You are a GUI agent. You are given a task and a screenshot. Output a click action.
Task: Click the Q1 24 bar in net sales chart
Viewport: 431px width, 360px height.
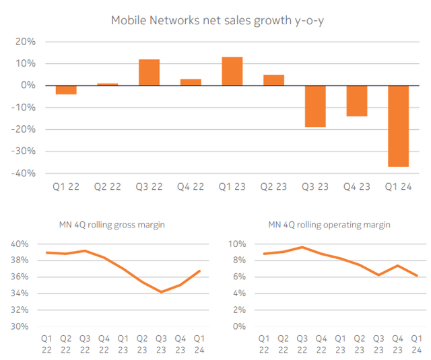click(398, 126)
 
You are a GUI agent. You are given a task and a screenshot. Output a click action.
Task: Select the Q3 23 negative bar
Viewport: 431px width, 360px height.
click(315, 106)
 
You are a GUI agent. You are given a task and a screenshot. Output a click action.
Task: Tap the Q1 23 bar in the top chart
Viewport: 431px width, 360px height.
click(232, 71)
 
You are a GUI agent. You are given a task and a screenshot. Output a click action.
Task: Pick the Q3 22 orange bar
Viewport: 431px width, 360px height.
click(150, 73)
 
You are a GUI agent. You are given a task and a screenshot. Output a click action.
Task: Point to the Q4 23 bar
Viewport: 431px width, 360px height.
click(356, 101)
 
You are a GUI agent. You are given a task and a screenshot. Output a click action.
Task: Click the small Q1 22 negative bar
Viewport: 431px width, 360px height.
click(66, 89)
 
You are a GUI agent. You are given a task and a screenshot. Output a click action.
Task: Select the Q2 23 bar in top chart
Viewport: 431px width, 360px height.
click(273, 80)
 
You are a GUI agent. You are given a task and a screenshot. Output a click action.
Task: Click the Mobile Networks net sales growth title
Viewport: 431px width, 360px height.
click(215, 20)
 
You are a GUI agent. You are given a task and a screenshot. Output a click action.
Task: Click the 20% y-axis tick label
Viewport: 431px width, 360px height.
click(26, 42)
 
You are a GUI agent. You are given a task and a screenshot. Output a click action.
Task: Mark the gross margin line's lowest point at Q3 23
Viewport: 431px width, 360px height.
click(162, 292)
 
